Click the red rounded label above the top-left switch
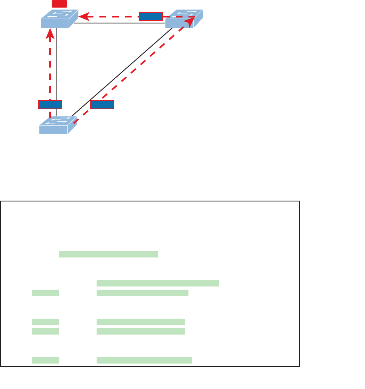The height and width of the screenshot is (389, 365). coord(59,4)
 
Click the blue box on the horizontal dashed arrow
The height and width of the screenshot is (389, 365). coord(151,16)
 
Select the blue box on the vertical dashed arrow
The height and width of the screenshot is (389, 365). coord(50,105)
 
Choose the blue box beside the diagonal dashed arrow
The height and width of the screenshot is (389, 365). coord(102,105)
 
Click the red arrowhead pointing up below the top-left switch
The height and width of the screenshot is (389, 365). coord(50,36)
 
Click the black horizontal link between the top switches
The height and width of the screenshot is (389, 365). coord(119,23)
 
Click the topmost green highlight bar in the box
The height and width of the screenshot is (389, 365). coord(109,254)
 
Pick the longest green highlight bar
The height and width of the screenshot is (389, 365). coord(158,283)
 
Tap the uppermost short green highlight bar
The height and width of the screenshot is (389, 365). coord(46,293)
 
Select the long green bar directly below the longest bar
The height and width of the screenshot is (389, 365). coord(142,293)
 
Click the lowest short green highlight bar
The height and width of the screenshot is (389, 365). coord(46,360)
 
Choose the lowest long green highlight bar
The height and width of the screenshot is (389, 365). coord(144,360)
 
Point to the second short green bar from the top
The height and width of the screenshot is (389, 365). coord(46,321)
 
